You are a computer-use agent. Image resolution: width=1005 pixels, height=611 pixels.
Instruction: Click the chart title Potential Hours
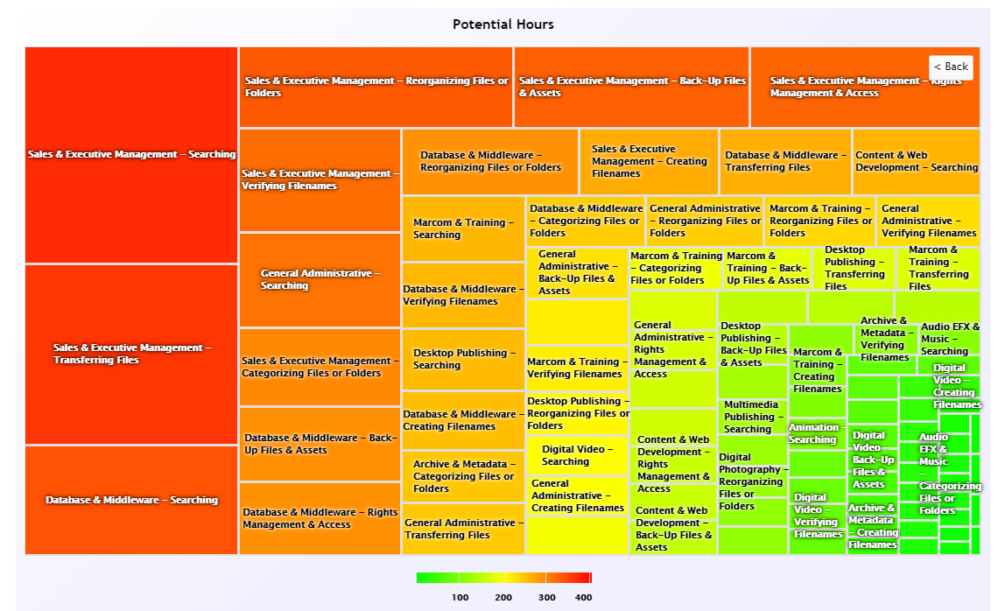502,25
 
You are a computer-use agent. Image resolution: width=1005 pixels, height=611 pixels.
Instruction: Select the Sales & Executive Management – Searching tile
131,155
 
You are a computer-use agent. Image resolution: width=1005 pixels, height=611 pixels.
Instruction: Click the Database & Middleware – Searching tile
131,500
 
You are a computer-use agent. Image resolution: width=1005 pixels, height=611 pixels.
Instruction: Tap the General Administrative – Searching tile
320,280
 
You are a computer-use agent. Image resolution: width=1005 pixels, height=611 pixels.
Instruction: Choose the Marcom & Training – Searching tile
463,228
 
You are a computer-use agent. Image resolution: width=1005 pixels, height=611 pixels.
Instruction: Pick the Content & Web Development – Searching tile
916,162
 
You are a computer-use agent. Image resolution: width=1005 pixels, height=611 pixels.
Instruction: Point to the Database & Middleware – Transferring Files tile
785,162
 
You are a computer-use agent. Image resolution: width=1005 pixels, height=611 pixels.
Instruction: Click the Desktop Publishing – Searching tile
463,359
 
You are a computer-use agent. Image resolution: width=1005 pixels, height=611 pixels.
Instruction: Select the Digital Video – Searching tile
577,455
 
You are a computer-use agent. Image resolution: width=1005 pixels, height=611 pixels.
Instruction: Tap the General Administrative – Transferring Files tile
463,529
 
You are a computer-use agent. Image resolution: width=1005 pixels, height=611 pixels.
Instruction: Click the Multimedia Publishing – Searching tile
752,417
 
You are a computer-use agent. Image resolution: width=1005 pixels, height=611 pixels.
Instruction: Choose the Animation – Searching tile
817,433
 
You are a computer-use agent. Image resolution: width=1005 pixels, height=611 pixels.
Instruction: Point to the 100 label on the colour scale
460,598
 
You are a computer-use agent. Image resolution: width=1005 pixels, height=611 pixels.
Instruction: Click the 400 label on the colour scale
583,598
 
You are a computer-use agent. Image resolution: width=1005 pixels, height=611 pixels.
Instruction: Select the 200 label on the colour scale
503,598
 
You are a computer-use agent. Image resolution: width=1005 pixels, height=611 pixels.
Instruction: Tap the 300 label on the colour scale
546,598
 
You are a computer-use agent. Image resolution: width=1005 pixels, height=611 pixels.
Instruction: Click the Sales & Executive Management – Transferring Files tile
131,354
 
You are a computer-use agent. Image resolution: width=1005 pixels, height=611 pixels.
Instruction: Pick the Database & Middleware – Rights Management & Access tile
320,518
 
